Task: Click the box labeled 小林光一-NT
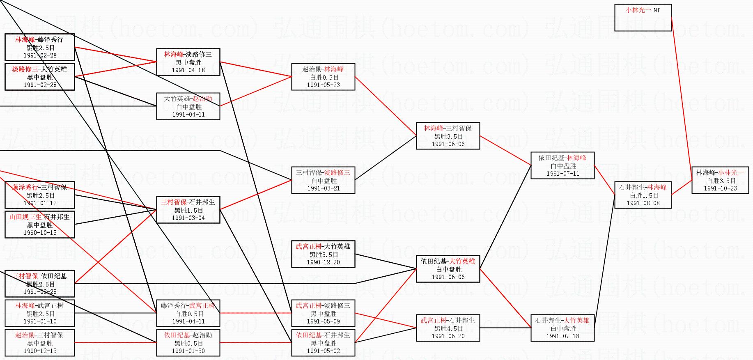(x=643, y=17)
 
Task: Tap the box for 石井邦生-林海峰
(x=643, y=195)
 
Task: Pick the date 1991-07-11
(x=562, y=174)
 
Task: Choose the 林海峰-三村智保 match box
(x=448, y=136)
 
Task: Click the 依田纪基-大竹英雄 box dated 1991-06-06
(x=448, y=269)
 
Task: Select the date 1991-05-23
(x=323, y=85)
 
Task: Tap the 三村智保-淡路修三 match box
(x=323, y=180)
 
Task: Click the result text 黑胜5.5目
(x=324, y=255)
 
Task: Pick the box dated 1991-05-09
(x=323, y=313)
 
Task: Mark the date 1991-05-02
(x=324, y=351)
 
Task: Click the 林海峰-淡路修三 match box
(x=188, y=62)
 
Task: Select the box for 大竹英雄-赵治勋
(x=188, y=106)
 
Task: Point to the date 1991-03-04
(x=188, y=218)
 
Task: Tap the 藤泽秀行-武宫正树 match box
(x=188, y=313)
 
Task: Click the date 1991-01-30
(x=188, y=351)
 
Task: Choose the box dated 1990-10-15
(x=40, y=225)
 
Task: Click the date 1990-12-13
(x=40, y=351)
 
